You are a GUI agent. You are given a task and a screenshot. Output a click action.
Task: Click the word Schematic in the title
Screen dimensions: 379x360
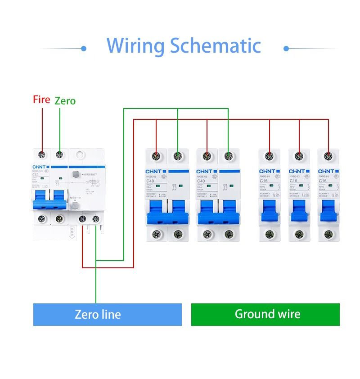[215, 46]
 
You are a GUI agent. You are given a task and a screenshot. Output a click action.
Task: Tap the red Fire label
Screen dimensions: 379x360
[41, 99]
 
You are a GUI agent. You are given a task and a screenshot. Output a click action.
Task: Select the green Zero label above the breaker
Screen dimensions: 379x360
[65, 101]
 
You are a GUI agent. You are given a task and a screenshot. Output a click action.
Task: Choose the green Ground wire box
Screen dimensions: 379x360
[265, 314]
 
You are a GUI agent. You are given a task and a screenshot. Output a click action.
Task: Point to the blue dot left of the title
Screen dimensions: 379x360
[84, 48]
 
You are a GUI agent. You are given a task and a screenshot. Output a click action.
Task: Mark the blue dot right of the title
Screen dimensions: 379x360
[286, 48]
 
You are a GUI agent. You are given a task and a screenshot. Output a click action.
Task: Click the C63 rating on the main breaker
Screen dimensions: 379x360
[36, 175]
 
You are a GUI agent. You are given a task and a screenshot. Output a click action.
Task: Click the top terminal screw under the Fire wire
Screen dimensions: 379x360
[42, 155]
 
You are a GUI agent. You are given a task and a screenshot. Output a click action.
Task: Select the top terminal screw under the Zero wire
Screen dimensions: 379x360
[59, 155]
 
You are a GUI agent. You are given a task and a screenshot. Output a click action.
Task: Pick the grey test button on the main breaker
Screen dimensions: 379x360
[76, 206]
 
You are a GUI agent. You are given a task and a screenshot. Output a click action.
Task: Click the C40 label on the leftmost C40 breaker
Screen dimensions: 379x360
[150, 181]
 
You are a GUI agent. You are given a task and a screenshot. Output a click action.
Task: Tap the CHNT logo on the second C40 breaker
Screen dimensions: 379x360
[205, 171]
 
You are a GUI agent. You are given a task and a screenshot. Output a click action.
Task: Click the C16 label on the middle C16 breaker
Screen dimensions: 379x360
[293, 180]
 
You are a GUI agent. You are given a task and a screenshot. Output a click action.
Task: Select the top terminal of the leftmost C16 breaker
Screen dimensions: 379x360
[269, 157]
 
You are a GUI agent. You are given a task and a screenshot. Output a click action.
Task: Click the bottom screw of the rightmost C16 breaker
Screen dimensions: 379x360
[328, 234]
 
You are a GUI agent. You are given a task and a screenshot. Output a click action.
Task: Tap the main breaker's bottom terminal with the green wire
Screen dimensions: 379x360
[95, 219]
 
